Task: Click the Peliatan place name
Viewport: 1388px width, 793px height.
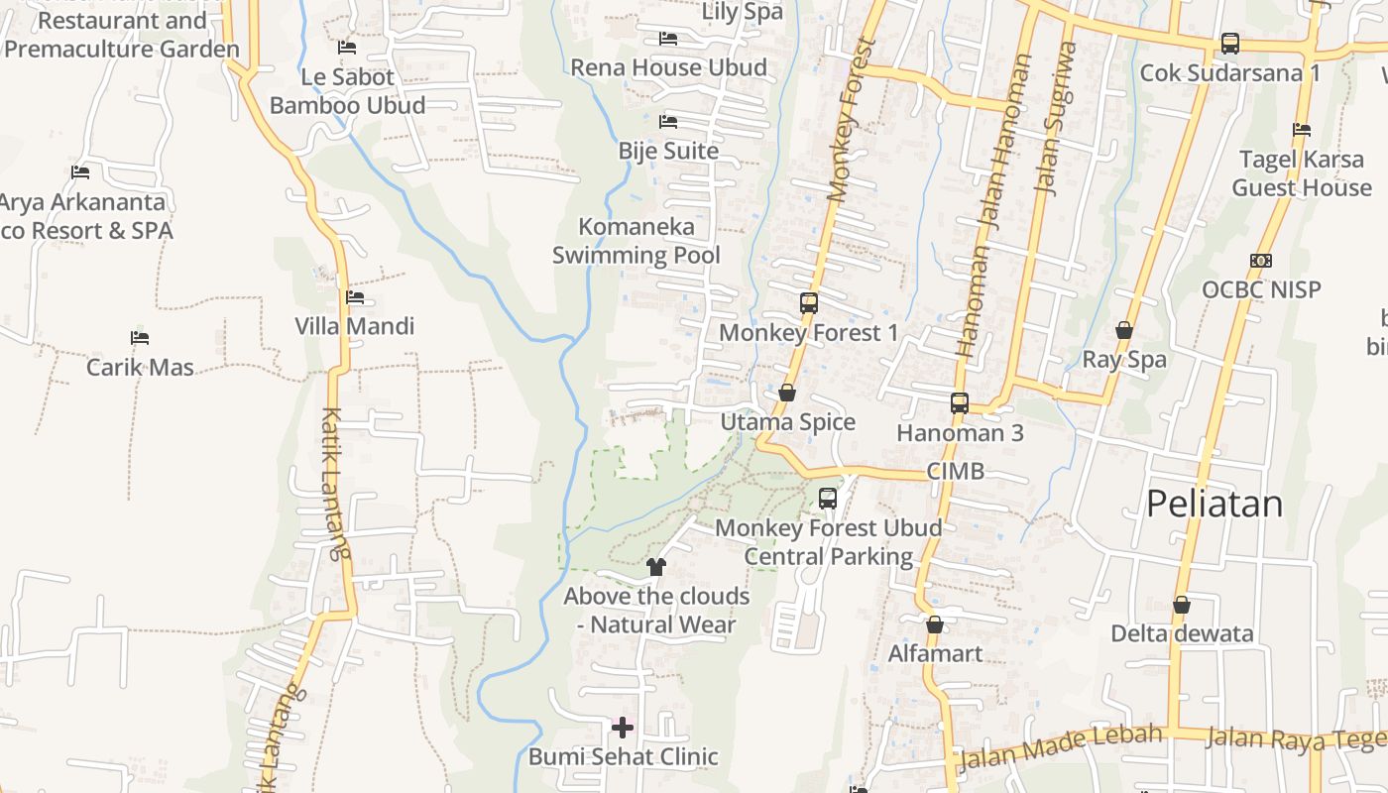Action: click(1214, 504)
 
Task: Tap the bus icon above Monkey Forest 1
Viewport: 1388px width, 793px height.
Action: click(809, 303)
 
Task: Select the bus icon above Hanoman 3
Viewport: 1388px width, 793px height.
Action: click(959, 403)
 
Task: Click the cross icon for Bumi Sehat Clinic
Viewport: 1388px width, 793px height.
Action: click(623, 729)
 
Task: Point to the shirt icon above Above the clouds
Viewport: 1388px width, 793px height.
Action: click(655, 567)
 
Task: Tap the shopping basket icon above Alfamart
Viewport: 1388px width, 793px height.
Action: click(934, 624)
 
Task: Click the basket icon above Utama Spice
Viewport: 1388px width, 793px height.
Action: click(787, 394)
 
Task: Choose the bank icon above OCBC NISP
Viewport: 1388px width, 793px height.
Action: click(1261, 261)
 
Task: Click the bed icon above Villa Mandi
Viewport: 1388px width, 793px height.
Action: click(355, 297)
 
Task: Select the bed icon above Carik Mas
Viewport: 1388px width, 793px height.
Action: click(140, 338)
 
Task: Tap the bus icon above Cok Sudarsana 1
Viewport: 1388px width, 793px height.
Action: click(1229, 44)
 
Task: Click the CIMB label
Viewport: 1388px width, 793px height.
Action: click(956, 471)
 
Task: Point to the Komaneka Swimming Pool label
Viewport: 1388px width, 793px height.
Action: click(636, 241)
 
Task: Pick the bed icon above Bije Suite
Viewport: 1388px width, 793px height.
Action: click(668, 122)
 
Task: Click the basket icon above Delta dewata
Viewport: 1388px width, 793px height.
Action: click(1181, 605)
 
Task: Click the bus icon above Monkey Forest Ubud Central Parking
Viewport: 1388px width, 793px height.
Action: click(828, 499)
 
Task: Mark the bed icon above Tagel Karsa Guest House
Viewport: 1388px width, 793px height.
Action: click(1302, 130)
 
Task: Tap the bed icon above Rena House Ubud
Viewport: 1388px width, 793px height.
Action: click(668, 39)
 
